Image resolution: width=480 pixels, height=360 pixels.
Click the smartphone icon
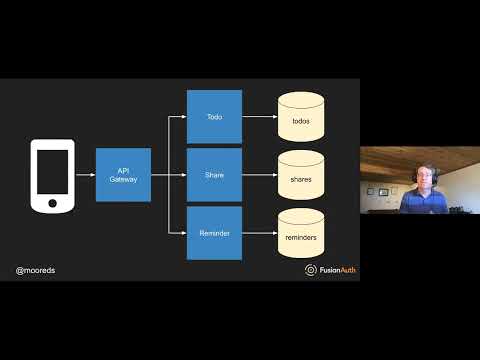click(54, 175)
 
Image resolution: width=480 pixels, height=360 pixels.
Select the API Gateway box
click(123, 175)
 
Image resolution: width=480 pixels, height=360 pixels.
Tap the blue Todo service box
click(214, 117)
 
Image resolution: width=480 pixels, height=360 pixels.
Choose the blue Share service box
click(214, 175)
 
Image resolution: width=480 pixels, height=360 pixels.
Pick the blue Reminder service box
click(214, 233)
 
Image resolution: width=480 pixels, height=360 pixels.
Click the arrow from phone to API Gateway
click(86, 175)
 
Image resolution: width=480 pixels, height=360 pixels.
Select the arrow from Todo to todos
click(259, 117)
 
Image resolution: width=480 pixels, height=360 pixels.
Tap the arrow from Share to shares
click(259, 175)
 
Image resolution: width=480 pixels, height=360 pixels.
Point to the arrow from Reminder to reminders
click(259, 233)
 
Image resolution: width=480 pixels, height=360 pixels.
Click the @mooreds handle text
click(36, 270)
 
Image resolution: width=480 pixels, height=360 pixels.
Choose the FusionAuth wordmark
click(335, 270)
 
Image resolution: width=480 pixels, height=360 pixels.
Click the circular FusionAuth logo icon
click(311, 270)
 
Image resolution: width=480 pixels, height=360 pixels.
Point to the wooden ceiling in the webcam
click(420, 155)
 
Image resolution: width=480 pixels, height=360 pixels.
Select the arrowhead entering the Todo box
click(184, 117)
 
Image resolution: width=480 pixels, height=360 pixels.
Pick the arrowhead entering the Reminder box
click(184, 233)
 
